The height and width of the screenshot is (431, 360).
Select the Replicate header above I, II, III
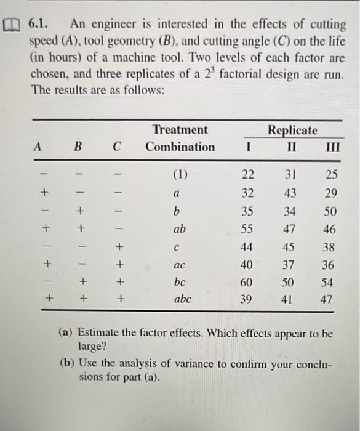[292, 130]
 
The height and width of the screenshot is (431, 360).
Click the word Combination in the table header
[180, 147]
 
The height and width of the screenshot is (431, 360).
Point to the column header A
[38, 148]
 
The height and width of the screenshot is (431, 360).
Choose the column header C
[117, 148]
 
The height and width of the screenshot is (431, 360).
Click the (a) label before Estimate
[65, 333]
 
